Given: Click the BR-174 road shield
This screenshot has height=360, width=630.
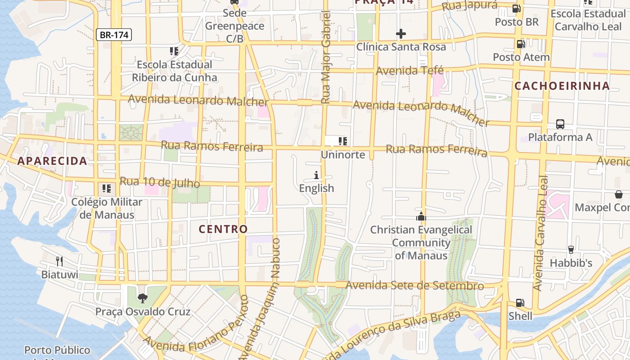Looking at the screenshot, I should [114, 35].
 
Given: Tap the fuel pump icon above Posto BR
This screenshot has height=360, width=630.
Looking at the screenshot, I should [517, 9].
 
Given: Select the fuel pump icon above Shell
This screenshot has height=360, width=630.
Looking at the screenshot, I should [520, 303].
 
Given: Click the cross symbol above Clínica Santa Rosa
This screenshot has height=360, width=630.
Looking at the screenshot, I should [400, 34].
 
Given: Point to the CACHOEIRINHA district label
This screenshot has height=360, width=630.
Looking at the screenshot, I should [562, 86].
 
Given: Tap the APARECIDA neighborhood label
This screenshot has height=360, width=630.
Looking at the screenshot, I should [52, 161].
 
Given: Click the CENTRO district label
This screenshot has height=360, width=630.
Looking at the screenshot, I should [224, 229].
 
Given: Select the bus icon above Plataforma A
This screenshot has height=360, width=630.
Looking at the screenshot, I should [560, 124].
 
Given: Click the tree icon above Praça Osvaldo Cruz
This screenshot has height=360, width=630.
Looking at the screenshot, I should [143, 298].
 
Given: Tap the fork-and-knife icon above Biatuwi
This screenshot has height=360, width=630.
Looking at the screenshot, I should [59, 261].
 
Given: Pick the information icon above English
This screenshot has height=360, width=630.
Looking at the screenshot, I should [316, 175].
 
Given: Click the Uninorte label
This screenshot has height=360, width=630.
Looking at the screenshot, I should [343, 155].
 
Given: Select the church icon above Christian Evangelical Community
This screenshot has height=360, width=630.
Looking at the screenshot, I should [421, 216].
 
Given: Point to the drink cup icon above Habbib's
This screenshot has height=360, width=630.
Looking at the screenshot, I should [571, 249].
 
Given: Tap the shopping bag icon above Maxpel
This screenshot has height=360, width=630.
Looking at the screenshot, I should [619, 194].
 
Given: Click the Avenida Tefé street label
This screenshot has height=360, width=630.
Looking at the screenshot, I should [409, 71].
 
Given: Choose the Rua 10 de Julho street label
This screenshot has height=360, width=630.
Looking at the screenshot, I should [160, 182].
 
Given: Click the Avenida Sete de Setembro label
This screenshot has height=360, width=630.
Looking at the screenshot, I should [414, 285].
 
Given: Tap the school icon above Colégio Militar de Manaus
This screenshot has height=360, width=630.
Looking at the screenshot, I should [107, 189].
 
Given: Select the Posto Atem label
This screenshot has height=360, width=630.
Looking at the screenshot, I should [521, 57].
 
